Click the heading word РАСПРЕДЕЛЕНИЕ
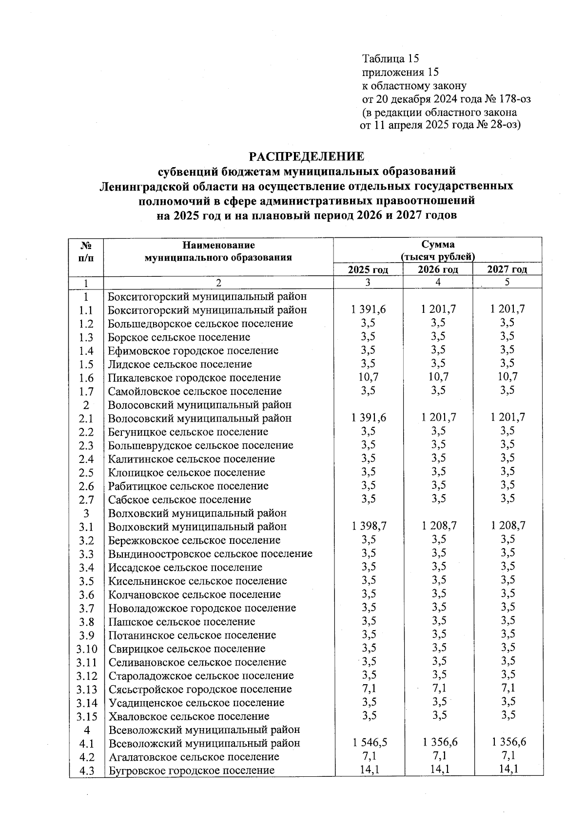(306, 157)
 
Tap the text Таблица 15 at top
(390, 59)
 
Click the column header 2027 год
(507, 270)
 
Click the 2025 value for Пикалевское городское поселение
(368, 377)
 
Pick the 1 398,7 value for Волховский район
(368, 526)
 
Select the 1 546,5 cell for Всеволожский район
(368, 742)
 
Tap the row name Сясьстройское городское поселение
(200, 689)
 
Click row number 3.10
(86, 649)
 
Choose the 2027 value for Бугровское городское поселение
(507, 769)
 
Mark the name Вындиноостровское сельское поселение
(210, 554)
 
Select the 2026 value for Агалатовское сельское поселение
(438, 756)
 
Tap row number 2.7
(86, 500)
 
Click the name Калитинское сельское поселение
(192, 459)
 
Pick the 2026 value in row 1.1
(438, 309)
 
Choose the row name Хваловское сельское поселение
(189, 716)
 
